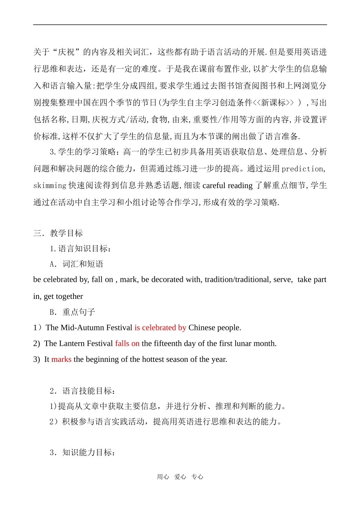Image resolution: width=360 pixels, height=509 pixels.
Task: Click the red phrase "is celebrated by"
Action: tap(160, 328)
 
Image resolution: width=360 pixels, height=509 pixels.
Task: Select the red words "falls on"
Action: tap(127, 344)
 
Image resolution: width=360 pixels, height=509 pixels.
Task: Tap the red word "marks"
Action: tap(61, 359)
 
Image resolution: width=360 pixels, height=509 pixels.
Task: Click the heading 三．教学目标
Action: tap(58, 233)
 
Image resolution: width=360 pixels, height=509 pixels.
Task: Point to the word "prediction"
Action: tap(303, 169)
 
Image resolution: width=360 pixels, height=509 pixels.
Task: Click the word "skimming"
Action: tap(50, 185)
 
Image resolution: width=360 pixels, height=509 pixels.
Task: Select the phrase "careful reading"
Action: tap(227, 185)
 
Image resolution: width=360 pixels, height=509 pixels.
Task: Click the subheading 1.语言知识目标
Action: tap(81, 249)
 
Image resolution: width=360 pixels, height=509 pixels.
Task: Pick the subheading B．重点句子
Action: tap(72, 312)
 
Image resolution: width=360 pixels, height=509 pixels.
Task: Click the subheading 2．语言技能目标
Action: tap(83, 391)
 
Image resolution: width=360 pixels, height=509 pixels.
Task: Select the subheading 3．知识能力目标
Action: tap(83, 452)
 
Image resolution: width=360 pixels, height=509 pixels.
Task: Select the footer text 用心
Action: tap(163, 477)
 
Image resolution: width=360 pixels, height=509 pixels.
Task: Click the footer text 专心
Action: tap(197, 477)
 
